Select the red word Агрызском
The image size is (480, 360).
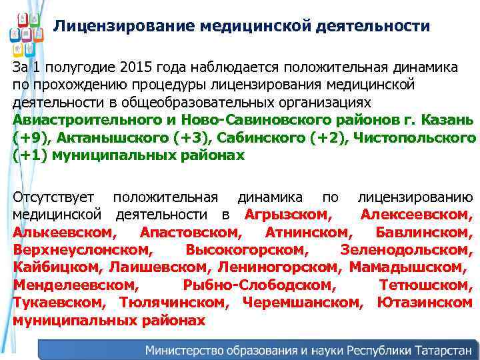pos(287,215)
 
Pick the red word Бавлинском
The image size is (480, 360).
pos(423,232)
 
